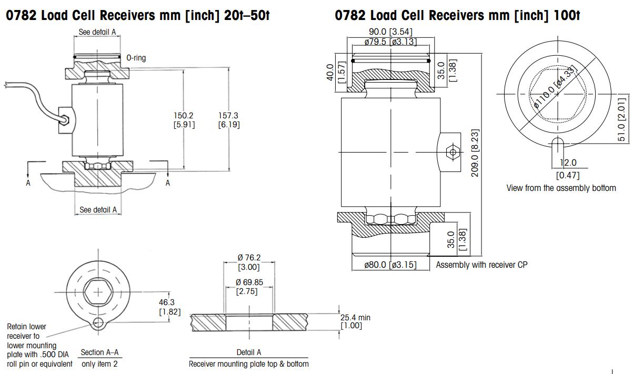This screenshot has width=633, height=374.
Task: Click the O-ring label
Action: click(136, 58)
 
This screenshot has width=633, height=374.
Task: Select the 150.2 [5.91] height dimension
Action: click(184, 120)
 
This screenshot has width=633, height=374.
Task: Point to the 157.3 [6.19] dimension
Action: click(229, 120)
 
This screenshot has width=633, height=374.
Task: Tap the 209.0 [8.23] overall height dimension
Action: click(475, 153)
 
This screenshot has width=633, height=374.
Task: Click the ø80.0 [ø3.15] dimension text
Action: click(390, 265)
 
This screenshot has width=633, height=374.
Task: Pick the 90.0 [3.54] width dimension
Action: click(390, 33)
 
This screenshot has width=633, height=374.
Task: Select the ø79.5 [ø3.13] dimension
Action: click(390, 42)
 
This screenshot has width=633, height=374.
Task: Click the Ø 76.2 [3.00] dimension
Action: click(249, 262)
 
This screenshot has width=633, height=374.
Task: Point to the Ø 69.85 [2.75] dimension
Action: click(249, 287)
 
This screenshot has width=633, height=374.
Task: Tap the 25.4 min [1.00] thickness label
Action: click(355, 322)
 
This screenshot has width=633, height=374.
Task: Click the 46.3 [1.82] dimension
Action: click(169, 307)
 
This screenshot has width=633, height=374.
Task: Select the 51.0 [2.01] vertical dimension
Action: click(622, 118)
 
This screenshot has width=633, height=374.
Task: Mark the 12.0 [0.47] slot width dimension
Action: click(568, 169)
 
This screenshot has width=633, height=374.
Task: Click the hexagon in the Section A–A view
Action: click(98, 291)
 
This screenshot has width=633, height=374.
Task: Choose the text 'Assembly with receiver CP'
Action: click(481, 265)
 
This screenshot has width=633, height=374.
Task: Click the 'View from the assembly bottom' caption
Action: click(561, 188)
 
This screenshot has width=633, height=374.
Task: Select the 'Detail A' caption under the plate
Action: click(248, 352)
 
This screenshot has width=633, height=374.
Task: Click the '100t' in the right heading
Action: click(567, 15)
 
